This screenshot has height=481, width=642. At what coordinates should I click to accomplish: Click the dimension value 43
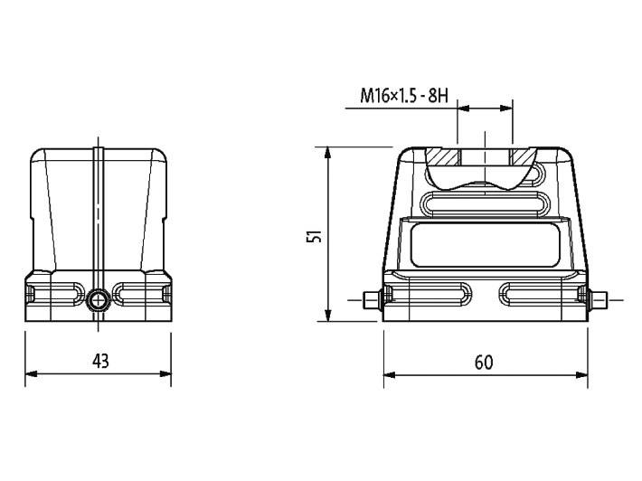click(100, 361)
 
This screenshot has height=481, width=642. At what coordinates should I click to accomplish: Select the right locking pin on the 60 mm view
click(598, 298)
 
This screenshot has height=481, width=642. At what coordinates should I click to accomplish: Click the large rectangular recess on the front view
click(484, 248)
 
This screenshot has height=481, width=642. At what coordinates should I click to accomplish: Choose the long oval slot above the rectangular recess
click(484, 205)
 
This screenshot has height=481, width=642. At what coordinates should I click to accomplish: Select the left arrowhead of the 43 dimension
click(31, 373)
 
